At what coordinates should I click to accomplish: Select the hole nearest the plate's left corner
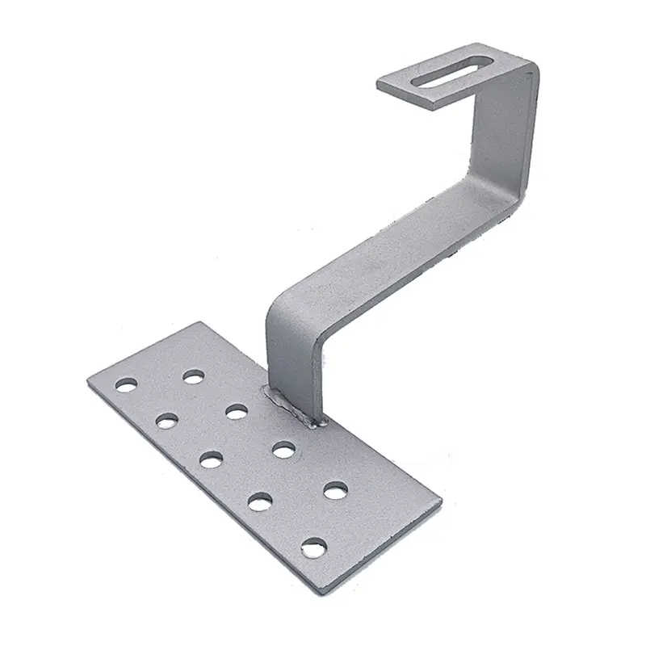point(126,385)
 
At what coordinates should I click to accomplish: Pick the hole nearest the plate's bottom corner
point(314,548)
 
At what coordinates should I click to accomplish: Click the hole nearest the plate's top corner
point(193,376)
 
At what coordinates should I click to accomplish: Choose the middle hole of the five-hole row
point(212,460)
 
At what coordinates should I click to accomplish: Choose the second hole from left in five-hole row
point(167,421)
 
